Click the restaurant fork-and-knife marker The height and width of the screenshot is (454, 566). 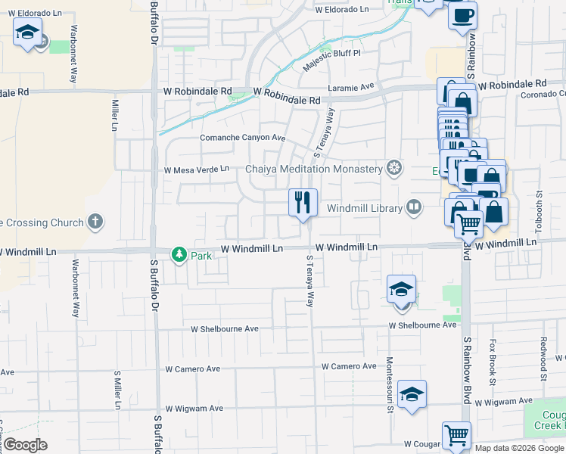(303, 202)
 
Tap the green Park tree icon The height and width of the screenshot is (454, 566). (179, 255)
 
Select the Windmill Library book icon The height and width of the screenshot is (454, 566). (413, 207)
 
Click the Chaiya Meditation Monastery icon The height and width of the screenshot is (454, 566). (393, 168)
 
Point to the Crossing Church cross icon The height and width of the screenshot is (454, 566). (95, 222)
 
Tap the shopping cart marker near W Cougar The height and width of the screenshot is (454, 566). (456, 435)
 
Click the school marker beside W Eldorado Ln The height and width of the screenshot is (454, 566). (28, 33)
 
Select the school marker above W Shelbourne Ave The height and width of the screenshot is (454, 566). (401, 290)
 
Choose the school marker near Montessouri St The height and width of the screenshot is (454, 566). (412, 394)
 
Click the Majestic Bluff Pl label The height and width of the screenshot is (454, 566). (332, 58)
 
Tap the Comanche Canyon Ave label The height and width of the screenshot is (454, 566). (242, 138)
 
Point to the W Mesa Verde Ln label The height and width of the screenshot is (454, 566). (196, 169)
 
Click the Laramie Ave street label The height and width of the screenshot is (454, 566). (353, 87)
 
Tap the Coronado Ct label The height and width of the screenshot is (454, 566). (542, 95)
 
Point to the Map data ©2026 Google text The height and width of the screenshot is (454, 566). (519, 448)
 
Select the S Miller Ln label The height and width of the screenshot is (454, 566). (117, 390)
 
